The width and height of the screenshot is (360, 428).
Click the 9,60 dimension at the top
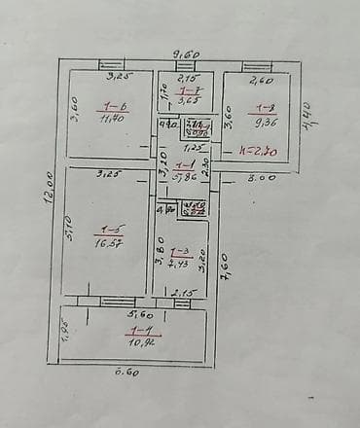pyautogui.click(x=186, y=54)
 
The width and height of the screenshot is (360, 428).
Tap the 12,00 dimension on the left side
pyautogui.click(x=47, y=188)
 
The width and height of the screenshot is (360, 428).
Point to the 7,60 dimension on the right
pyautogui.click(x=223, y=276)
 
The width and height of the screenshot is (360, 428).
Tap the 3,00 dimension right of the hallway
pyautogui.click(x=260, y=177)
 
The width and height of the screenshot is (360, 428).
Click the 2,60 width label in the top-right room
pyautogui.click(x=260, y=82)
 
